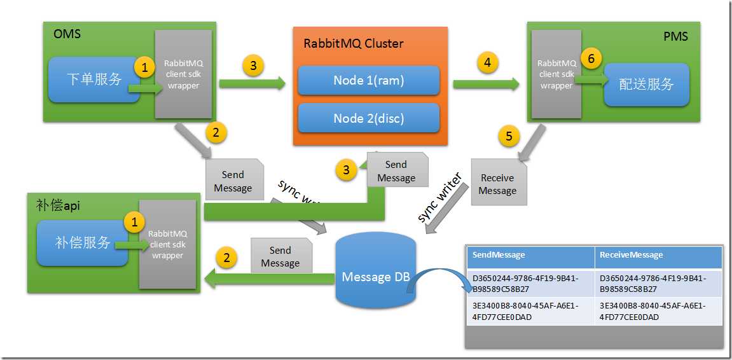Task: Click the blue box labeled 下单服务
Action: click(94, 80)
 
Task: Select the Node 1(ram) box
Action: click(369, 81)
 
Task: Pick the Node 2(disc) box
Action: click(369, 118)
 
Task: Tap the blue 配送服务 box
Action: click(646, 85)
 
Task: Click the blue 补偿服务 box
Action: click(83, 242)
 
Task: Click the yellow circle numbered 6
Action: click(591, 59)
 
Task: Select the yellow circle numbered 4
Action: click(487, 62)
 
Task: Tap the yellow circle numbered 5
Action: click(509, 135)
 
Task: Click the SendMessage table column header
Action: click(530, 255)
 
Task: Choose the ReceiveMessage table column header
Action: click(658, 255)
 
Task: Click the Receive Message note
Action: click(498, 184)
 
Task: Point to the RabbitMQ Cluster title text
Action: click(354, 44)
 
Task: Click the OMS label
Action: click(67, 34)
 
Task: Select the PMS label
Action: click(675, 36)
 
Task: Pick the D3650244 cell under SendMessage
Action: click(530, 283)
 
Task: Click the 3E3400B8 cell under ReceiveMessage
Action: click(658, 311)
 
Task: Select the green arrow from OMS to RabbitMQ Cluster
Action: click(251, 83)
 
